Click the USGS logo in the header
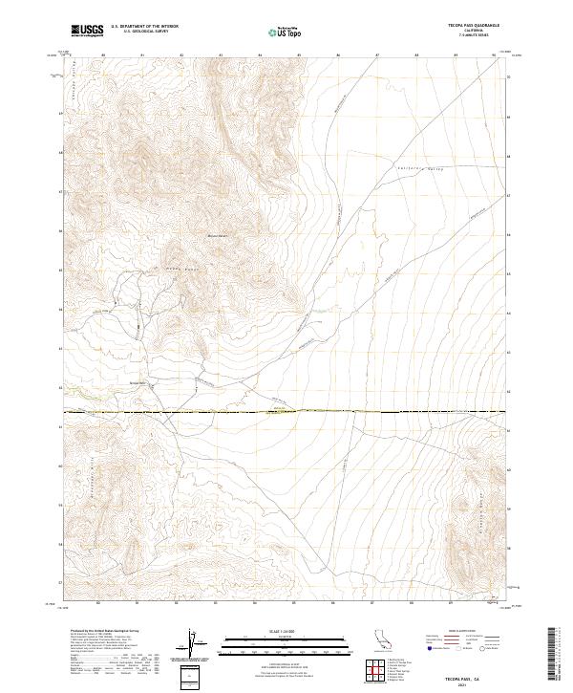click(88, 31)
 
